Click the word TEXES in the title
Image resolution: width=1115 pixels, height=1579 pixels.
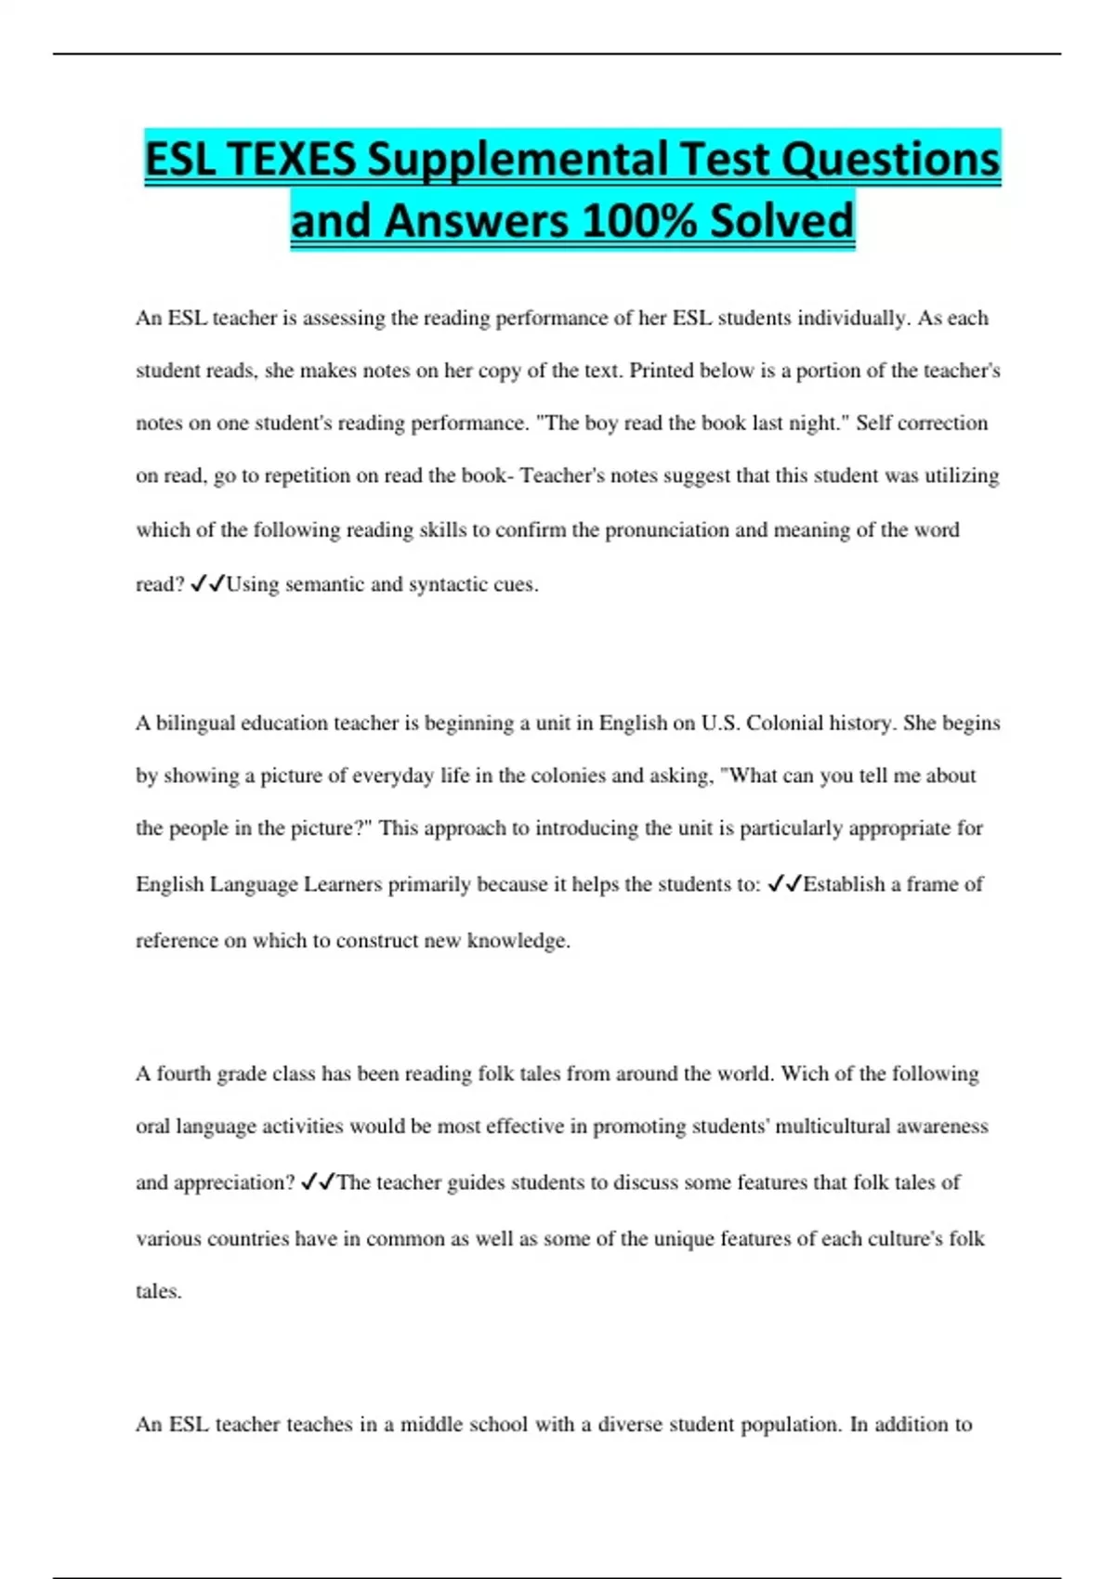(291, 159)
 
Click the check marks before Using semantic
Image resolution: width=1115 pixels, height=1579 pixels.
(207, 584)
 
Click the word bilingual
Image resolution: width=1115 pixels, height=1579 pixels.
(195, 723)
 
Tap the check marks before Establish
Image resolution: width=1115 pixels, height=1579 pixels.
(784, 884)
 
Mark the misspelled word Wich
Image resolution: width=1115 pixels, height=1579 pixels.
(805, 1074)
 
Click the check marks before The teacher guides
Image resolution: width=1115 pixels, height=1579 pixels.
(318, 1182)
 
